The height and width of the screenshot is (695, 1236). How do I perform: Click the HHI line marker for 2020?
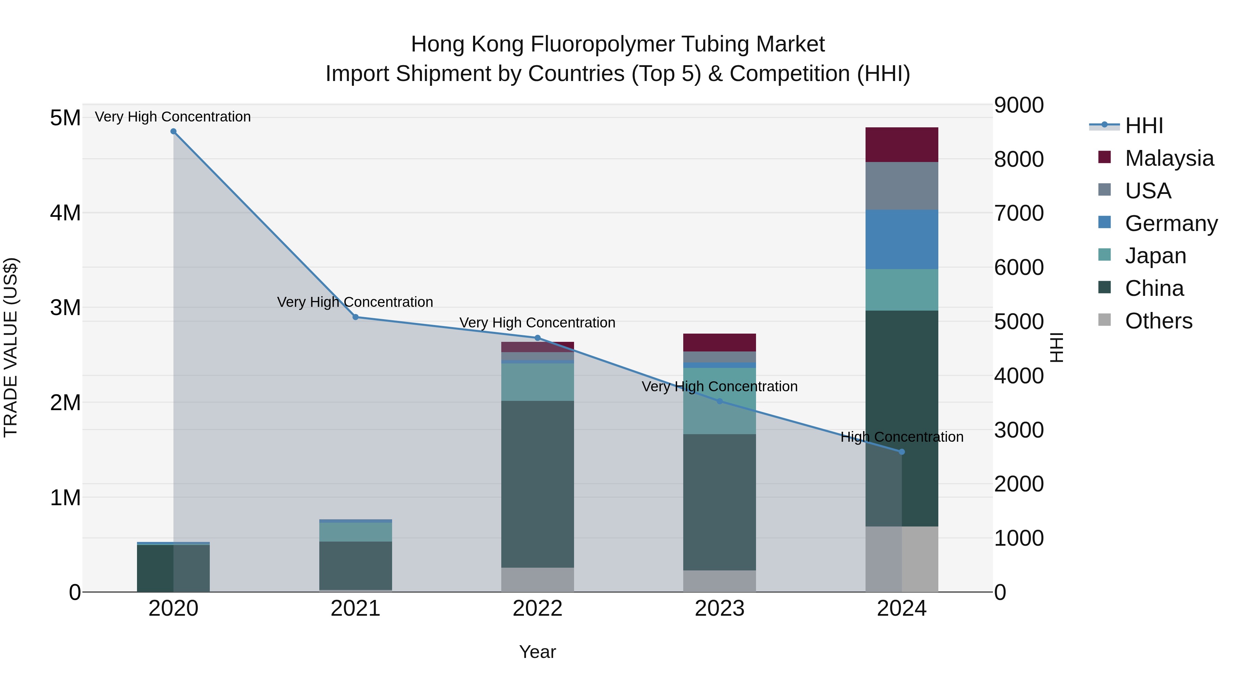pyautogui.click(x=173, y=131)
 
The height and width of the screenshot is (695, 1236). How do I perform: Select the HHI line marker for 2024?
pyautogui.click(x=902, y=452)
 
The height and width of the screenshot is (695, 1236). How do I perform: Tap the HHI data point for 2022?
pyautogui.click(x=537, y=338)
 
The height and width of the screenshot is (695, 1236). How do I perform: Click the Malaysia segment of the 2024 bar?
pyautogui.click(x=902, y=145)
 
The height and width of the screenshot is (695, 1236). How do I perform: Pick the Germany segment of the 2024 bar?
pyautogui.click(x=902, y=239)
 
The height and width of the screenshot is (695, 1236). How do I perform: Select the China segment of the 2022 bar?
pyautogui.click(x=537, y=484)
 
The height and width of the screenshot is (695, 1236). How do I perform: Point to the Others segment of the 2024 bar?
pyautogui.click(x=902, y=559)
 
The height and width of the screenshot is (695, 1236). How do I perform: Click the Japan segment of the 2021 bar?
pyautogui.click(x=356, y=532)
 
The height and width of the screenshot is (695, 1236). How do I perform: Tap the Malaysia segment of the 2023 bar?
pyautogui.click(x=719, y=343)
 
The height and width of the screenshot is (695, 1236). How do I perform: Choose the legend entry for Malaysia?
pyautogui.click(x=1169, y=158)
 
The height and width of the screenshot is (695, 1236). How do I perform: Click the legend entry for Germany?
pyautogui.click(x=1171, y=223)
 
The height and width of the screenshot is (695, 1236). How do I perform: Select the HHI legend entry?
pyautogui.click(x=1143, y=126)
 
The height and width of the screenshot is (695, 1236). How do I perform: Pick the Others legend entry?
pyautogui.click(x=1158, y=321)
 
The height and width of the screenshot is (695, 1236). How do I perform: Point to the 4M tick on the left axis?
pyautogui.click(x=65, y=212)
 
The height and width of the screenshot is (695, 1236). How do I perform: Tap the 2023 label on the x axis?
pyautogui.click(x=719, y=609)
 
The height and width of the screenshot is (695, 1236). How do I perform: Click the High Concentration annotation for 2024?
pyautogui.click(x=902, y=437)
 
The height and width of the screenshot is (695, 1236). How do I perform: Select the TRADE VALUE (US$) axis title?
pyautogui.click(x=11, y=347)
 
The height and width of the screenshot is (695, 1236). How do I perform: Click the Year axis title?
pyautogui.click(x=537, y=652)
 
